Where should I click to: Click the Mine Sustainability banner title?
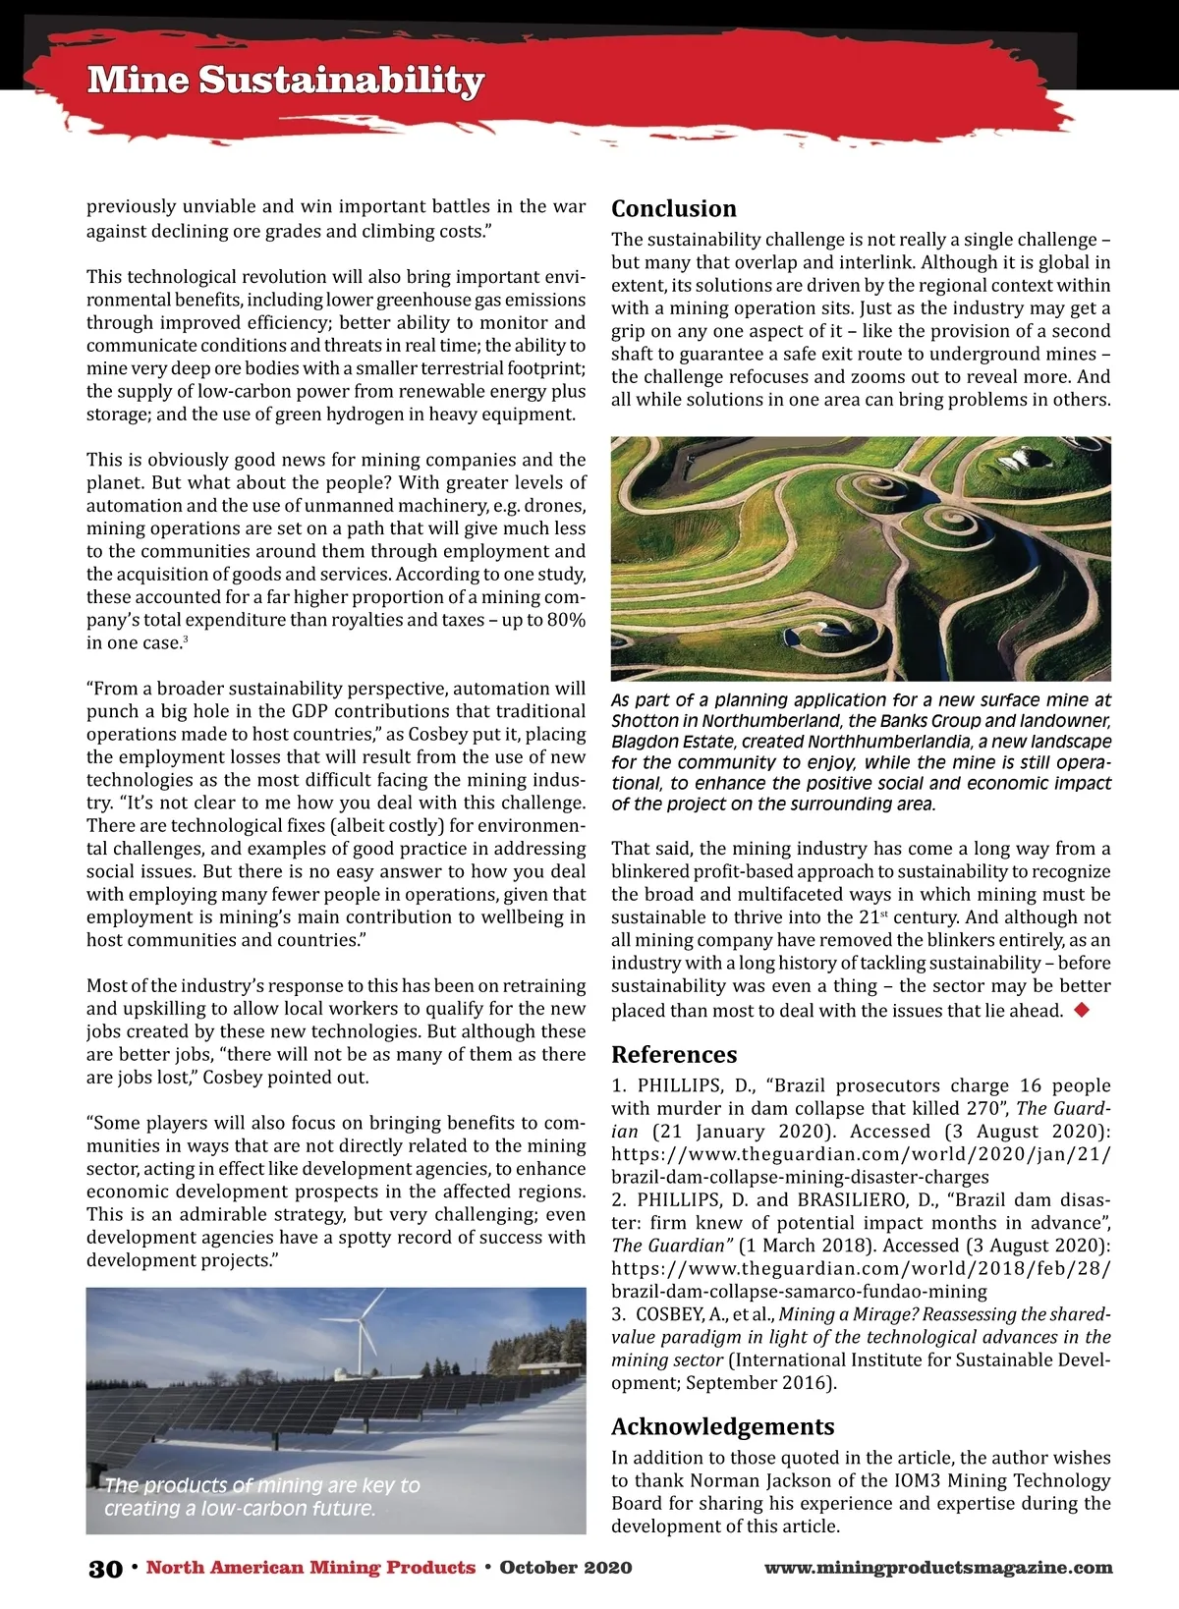coord(285,81)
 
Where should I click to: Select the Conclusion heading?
coord(674,208)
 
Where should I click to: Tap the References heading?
coord(674,1054)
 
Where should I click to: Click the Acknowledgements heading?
coord(723,1425)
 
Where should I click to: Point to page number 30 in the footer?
coord(105,1568)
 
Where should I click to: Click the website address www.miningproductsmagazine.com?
coord(938,1568)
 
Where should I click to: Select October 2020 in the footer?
coord(566,1568)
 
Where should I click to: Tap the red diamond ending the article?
coord(1082,1010)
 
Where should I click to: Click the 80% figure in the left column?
coord(564,620)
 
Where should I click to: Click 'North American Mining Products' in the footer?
coord(310,1568)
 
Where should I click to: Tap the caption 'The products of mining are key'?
coord(261,1485)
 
